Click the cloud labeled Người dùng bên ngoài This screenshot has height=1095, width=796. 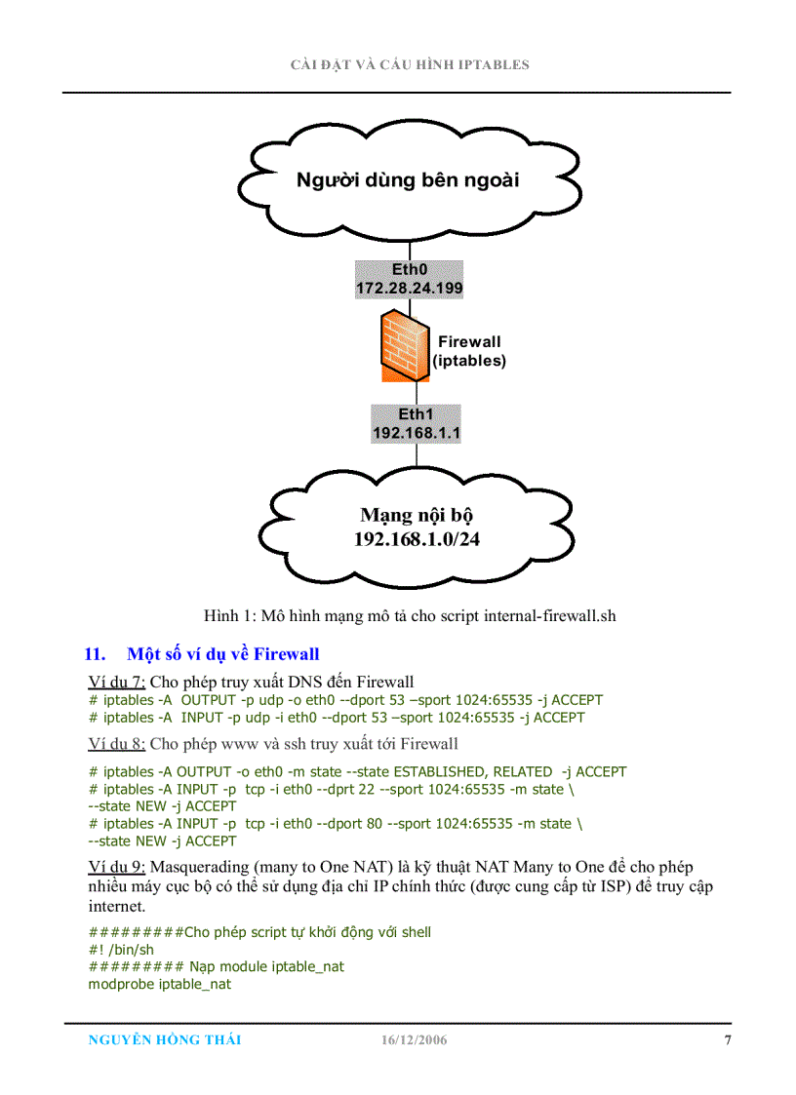[408, 180]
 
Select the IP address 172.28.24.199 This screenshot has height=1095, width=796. [409, 289]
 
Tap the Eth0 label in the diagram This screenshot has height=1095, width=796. [409, 270]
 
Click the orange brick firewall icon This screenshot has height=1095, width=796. [402, 347]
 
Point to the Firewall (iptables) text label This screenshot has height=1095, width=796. [469, 351]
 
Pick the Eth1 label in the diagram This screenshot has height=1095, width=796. [416, 414]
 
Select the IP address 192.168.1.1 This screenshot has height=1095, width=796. [416, 433]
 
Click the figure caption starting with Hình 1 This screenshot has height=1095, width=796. [410, 615]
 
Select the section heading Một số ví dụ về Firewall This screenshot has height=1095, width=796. [222, 654]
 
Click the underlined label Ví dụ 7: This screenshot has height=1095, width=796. [116, 682]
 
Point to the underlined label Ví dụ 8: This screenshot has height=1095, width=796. [116, 744]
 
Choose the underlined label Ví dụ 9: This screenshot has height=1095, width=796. [116, 867]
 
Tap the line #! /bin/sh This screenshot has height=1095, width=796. [121, 950]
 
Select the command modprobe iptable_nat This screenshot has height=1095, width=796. [160, 985]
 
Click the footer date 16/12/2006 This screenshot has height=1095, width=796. [414, 1040]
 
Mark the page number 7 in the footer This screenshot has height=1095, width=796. [727, 1039]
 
